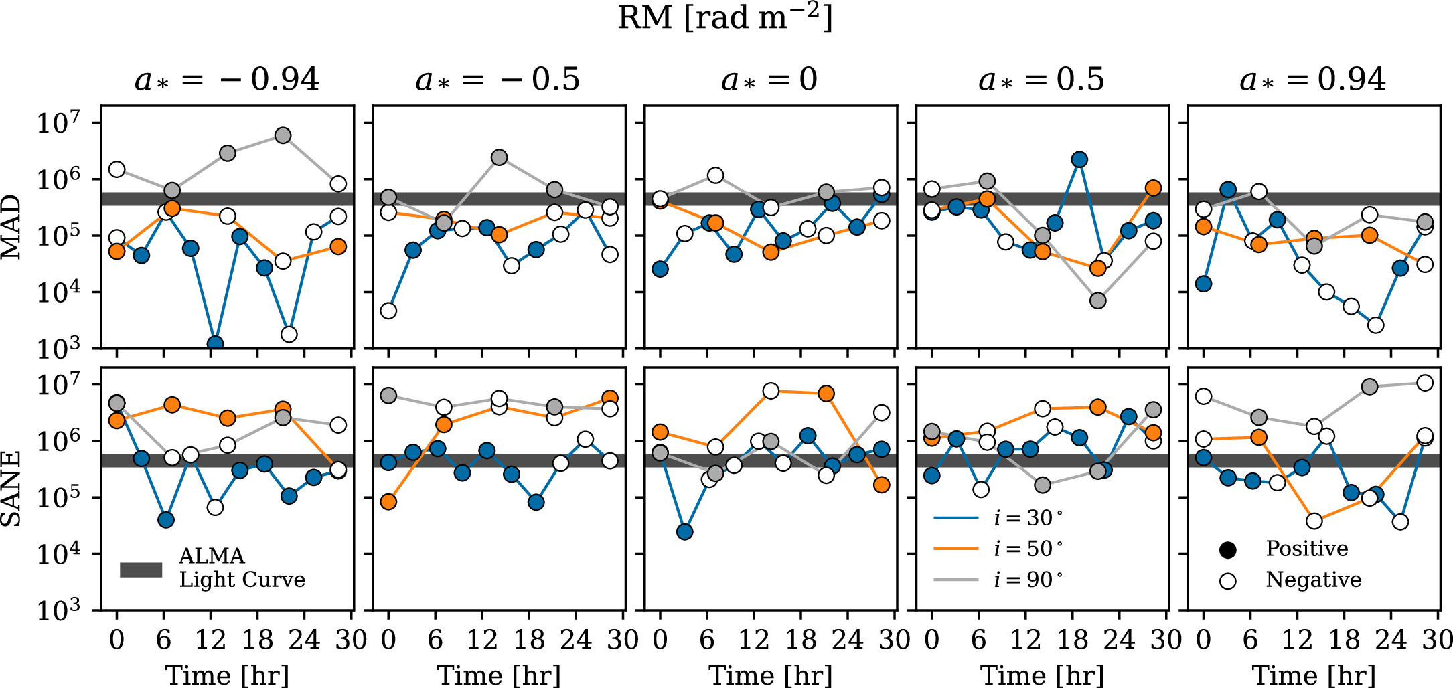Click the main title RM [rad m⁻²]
pyautogui.click(x=725, y=18)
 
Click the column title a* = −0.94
pyautogui.click(x=227, y=80)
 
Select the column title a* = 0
pyautogui.click(x=769, y=80)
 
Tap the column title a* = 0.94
pyautogui.click(x=1312, y=80)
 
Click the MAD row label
pyautogui.click(x=11, y=227)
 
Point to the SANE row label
pyautogui.click(x=11, y=489)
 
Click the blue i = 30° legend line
pyautogui.click(x=955, y=518)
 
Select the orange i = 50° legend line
pyautogui.click(x=955, y=549)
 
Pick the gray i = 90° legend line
pyautogui.click(x=955, y=580)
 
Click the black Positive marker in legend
pyautogui.click(x=1227, y=550)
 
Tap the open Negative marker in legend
pyautogui.click(x=1227, y=580)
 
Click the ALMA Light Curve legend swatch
pyautogui.click(x=141, y=570)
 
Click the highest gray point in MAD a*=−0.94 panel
pyautogui.click(x=283, y=135)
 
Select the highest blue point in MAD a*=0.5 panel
pyautogui.click(x=1079, y=159)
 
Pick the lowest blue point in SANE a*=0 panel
pyautogui.click(x=684, y=532)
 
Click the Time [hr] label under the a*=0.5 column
pyautogui.click(x=1042, y=675)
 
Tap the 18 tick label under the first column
pyautogui.click(x=258, y=640)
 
